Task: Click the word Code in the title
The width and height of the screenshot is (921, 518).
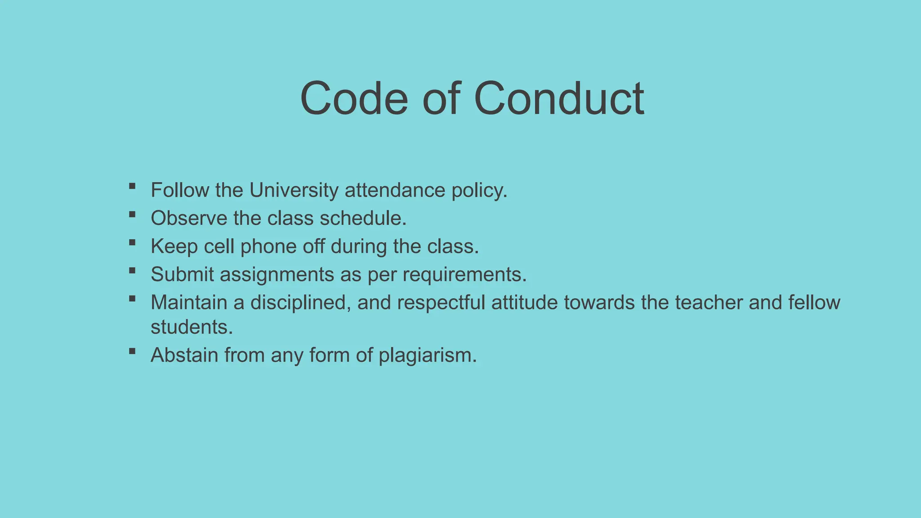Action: (354, 98)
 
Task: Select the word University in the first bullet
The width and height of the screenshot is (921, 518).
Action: (294, 190)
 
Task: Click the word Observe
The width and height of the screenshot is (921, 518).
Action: (189, 219)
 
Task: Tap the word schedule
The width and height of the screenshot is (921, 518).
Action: (363, 219)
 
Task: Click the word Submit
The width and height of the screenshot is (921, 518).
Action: (182, 274)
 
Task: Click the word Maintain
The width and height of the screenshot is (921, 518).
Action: (189, 303)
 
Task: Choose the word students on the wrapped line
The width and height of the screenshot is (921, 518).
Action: (192, 327)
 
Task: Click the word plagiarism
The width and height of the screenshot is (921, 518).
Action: (427, 356)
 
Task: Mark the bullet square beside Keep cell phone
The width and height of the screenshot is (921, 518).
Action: (132, 242)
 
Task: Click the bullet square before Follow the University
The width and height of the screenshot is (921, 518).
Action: (132, 186)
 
